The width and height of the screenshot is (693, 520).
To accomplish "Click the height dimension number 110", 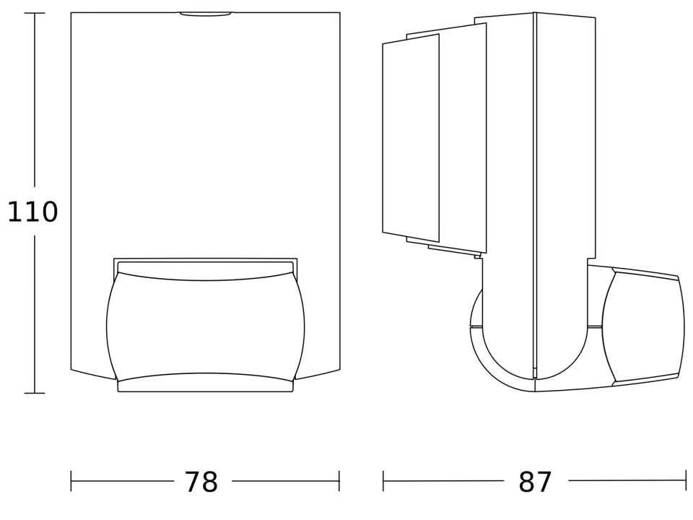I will (32, 212).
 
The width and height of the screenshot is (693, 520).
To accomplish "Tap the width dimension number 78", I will (201, 482).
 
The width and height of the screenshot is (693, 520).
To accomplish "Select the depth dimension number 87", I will (535, 482).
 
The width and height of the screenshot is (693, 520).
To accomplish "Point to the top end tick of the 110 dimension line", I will (35, 13).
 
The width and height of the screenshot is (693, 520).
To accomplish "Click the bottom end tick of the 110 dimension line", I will (35, 393).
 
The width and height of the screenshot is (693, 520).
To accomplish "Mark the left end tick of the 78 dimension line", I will (71, 481).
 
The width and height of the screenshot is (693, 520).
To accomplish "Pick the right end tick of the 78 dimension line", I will (339, 481).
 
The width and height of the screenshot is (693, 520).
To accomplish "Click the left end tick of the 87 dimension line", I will (383, 481).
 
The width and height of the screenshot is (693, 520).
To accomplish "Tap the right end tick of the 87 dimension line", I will (685, 481).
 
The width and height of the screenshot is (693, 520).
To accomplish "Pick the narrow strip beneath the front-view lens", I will (205, 386).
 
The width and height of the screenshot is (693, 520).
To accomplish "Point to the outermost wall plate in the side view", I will (410, 137).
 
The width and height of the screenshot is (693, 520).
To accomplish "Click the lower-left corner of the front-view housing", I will (71, 370).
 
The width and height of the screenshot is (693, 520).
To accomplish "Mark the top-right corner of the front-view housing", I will (339, 13).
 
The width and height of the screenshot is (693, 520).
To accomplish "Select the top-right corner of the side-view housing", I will (595, 17).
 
